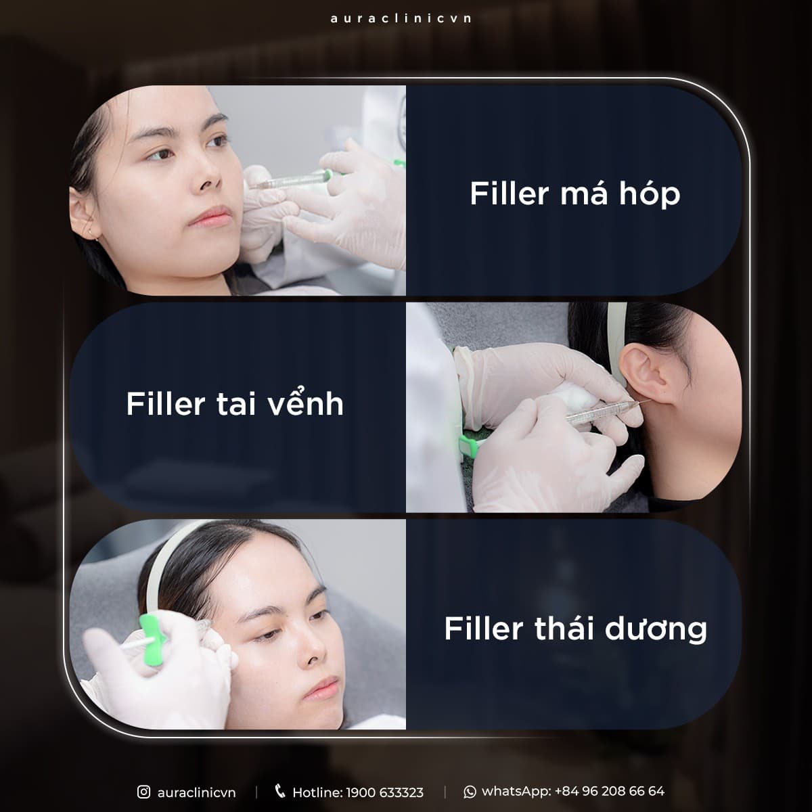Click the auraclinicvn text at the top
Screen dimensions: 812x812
coord(401,18)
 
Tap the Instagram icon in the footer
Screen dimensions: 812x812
coord(143,792)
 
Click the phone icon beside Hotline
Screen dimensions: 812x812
coord(279,791)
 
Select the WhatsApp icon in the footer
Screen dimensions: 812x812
coord(470,792)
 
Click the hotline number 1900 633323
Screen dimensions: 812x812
coord(385,792)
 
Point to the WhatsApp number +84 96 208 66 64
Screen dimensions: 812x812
coord(609,791)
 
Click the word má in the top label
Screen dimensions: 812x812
coord(583,194)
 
